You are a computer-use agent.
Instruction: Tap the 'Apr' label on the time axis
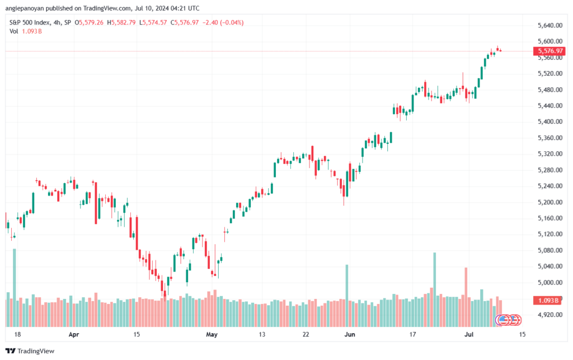click(x=73, y=335)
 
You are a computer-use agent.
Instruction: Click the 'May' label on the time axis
click(x=211, y=335)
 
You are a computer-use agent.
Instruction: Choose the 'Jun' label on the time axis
click(x=350, y=335)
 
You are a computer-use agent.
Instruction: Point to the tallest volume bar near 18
click(x=15, y=286)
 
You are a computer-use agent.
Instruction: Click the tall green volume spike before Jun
click(x=347, y=294)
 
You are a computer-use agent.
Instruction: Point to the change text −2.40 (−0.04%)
click(x=224, y=22)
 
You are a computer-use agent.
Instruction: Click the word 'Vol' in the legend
click(x=14, y=31)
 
